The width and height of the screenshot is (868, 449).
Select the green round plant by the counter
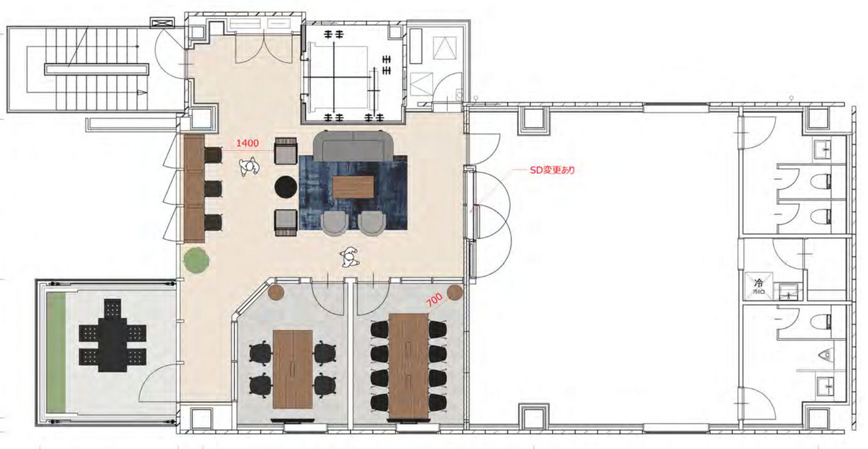click(x=194, y=259)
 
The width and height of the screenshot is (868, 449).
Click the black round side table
click(x=285, y=187)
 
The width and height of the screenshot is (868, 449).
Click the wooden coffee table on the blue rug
click(x=354, y=185)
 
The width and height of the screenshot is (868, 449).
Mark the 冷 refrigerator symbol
click(x=759, y=283)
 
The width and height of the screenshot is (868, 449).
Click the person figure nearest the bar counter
click(x=249, y=169)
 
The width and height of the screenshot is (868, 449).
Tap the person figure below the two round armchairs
click(x=350, y=256)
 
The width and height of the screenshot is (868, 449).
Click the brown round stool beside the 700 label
click(x=454, y=293)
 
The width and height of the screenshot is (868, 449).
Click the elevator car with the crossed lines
click(x=352, y=70)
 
